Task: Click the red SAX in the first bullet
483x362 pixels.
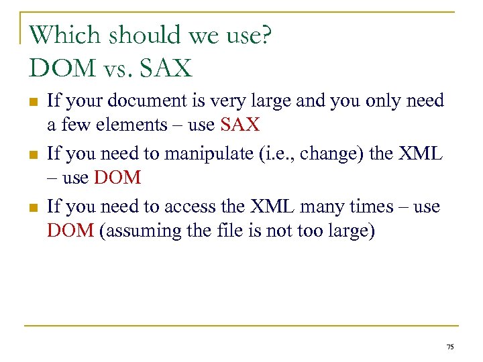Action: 239,125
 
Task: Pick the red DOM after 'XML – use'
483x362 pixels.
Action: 118,178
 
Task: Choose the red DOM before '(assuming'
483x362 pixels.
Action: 70,231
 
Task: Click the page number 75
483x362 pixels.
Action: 449,346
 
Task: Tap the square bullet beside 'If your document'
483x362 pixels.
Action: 32,102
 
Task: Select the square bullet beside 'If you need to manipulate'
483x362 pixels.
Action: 32,155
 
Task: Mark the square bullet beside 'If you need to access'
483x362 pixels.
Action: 32,208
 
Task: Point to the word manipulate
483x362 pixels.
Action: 192,154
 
